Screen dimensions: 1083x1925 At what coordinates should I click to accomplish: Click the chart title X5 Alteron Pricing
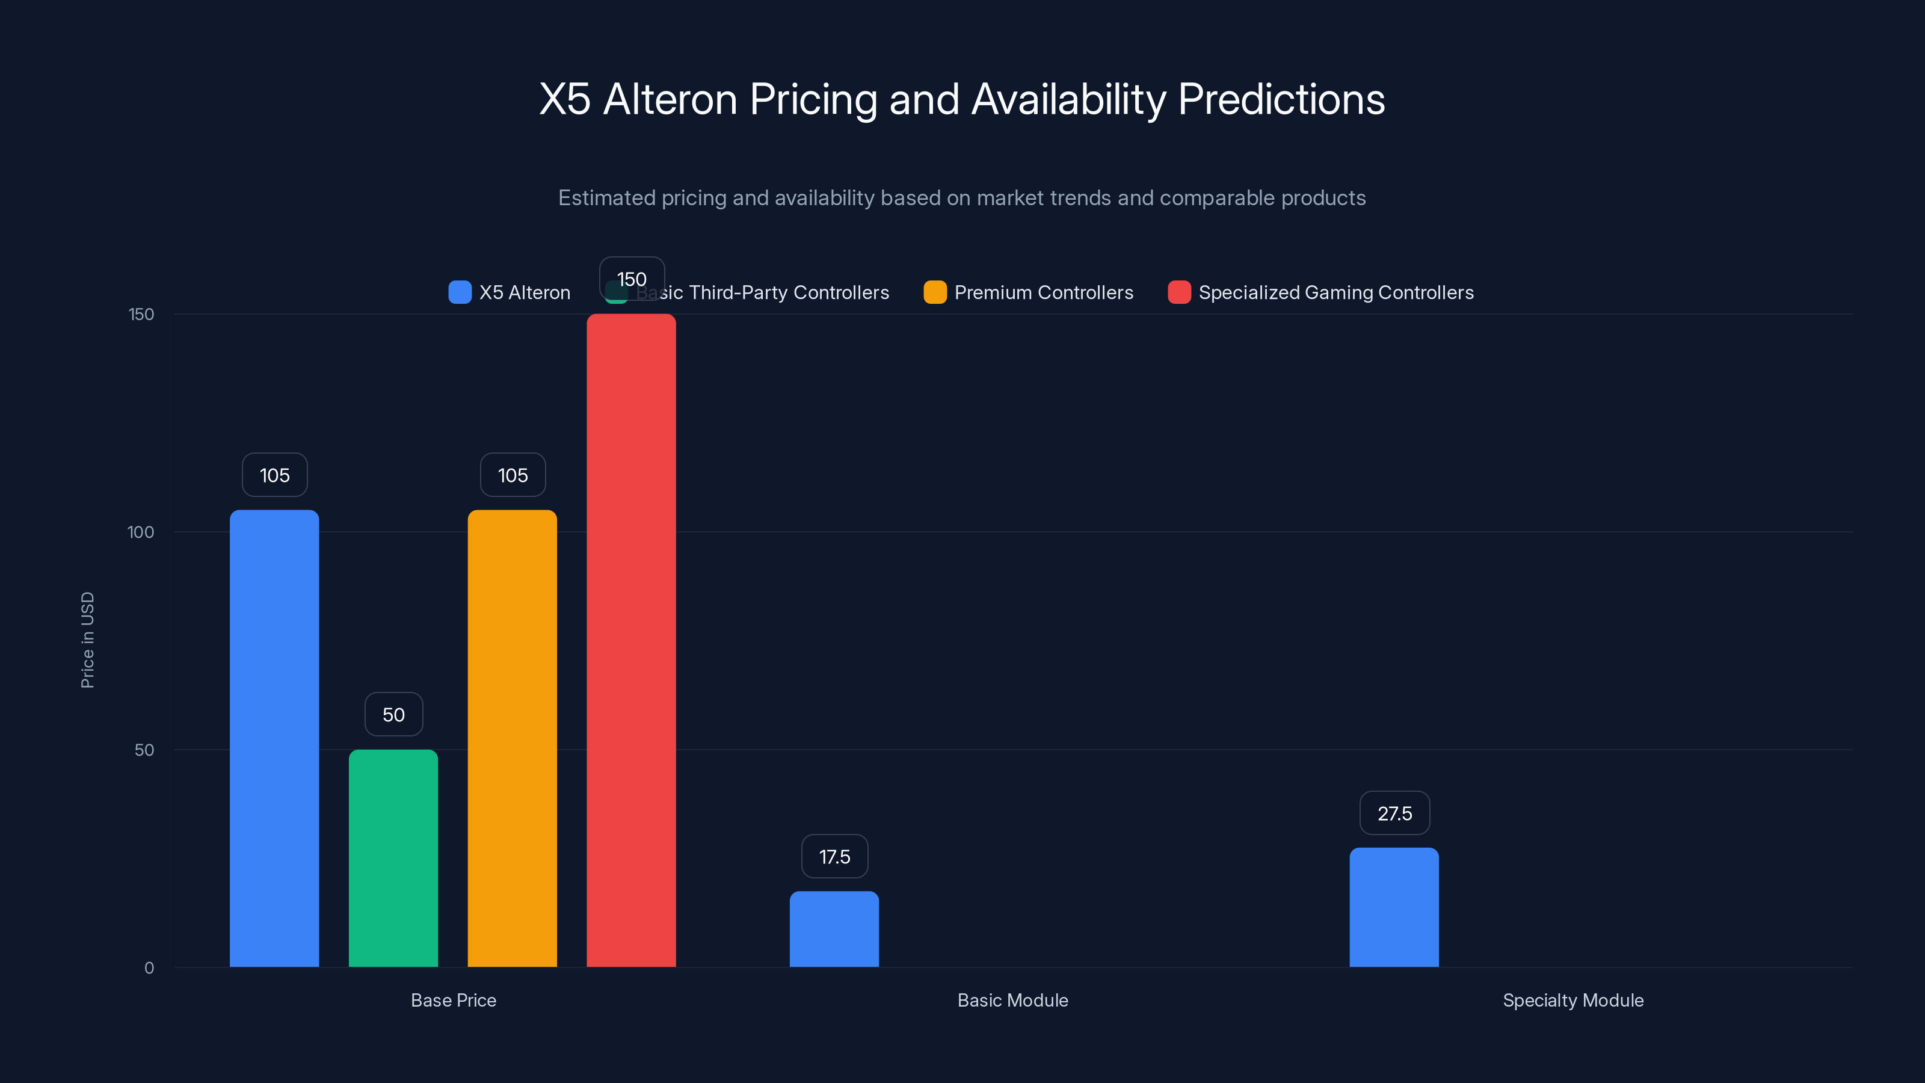pyautogui.click(x=962, y=99)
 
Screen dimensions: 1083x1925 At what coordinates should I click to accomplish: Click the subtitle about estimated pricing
pyautogui.click(x=962, y=198)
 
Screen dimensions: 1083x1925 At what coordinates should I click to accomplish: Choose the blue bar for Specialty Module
pyautogui.click(x=1394, y=907)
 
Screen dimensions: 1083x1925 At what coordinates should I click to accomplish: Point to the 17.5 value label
pyautogui.click(x=834, y=857)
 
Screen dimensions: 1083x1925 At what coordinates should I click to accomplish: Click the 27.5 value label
pyautogui.click(x=1394, y=813)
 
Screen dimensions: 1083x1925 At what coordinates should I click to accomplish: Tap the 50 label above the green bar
pyautogui.click(x=393, y=715)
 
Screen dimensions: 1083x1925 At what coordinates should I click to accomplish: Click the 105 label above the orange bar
pyautogui.click(x=513, y=475)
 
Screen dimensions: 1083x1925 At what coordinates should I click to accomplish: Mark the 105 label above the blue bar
pyautogui.click(x=274, y=475)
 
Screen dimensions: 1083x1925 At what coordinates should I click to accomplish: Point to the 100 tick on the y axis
pyautogui.click(x=141, y=532)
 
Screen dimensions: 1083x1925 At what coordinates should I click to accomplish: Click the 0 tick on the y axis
pyautogui.click(x=149, y=968)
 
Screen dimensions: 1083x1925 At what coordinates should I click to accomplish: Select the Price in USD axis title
pyautogui.click(x=87, y=640)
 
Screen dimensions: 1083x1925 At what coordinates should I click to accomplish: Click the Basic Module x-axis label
pyautogui.click(x=1012, y=1000)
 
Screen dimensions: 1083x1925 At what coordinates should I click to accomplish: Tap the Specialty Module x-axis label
pyautogui.click(x=1573, y=1000)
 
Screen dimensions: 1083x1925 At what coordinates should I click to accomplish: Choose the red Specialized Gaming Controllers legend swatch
pyautogui.click(x=1179, y=292)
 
